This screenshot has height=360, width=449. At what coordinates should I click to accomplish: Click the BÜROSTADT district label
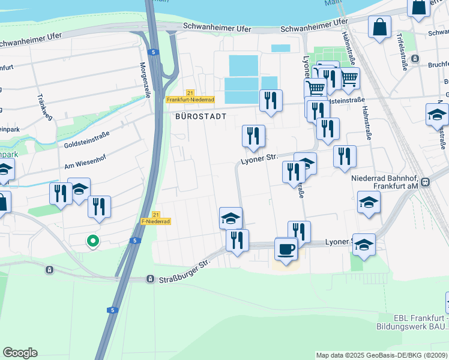point(200,116)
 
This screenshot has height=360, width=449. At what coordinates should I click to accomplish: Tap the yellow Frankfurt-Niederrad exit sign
point(190,99)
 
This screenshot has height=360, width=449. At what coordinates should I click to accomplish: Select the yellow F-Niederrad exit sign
point(155,221)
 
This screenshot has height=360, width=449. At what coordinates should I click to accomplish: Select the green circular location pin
point(92,241)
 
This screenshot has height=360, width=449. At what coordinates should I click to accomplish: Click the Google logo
point(20,353)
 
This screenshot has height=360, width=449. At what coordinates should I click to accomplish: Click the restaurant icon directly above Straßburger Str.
point(237,241)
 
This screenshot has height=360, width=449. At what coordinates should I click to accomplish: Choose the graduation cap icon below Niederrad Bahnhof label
point(369,202)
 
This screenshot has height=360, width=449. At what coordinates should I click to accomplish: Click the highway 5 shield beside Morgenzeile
point(154,53)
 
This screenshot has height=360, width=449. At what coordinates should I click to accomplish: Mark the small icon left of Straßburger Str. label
point(150,279)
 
